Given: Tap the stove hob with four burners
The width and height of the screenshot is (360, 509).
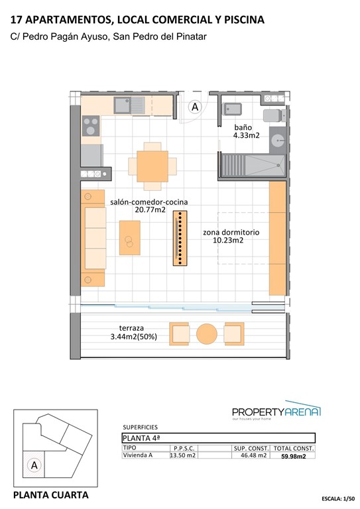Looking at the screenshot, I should pyautogui.click(x=91, y=126).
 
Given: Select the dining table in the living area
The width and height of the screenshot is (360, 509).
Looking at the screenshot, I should pyautogui.click(x=152, y=164).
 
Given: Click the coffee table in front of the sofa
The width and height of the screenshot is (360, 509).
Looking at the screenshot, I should pyautogui.click(x=129, y=237).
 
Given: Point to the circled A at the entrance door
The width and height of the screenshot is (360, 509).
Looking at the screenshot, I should pyautogui.click(x=195, y=106).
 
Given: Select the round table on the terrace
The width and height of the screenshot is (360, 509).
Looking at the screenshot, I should pyautogui.click(x=206, y=333).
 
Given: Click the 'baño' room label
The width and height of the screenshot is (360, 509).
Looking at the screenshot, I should pyautogui.click(x=243, y=127).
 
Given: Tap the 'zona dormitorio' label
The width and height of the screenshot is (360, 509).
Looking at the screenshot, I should pyautogui.click(x=231, y=233).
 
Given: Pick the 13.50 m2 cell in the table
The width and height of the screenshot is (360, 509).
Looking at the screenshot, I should pyautogui.click(x=183, y=455).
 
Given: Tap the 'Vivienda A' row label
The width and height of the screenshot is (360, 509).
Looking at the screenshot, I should pyautogui.click(x=138, y=455).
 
